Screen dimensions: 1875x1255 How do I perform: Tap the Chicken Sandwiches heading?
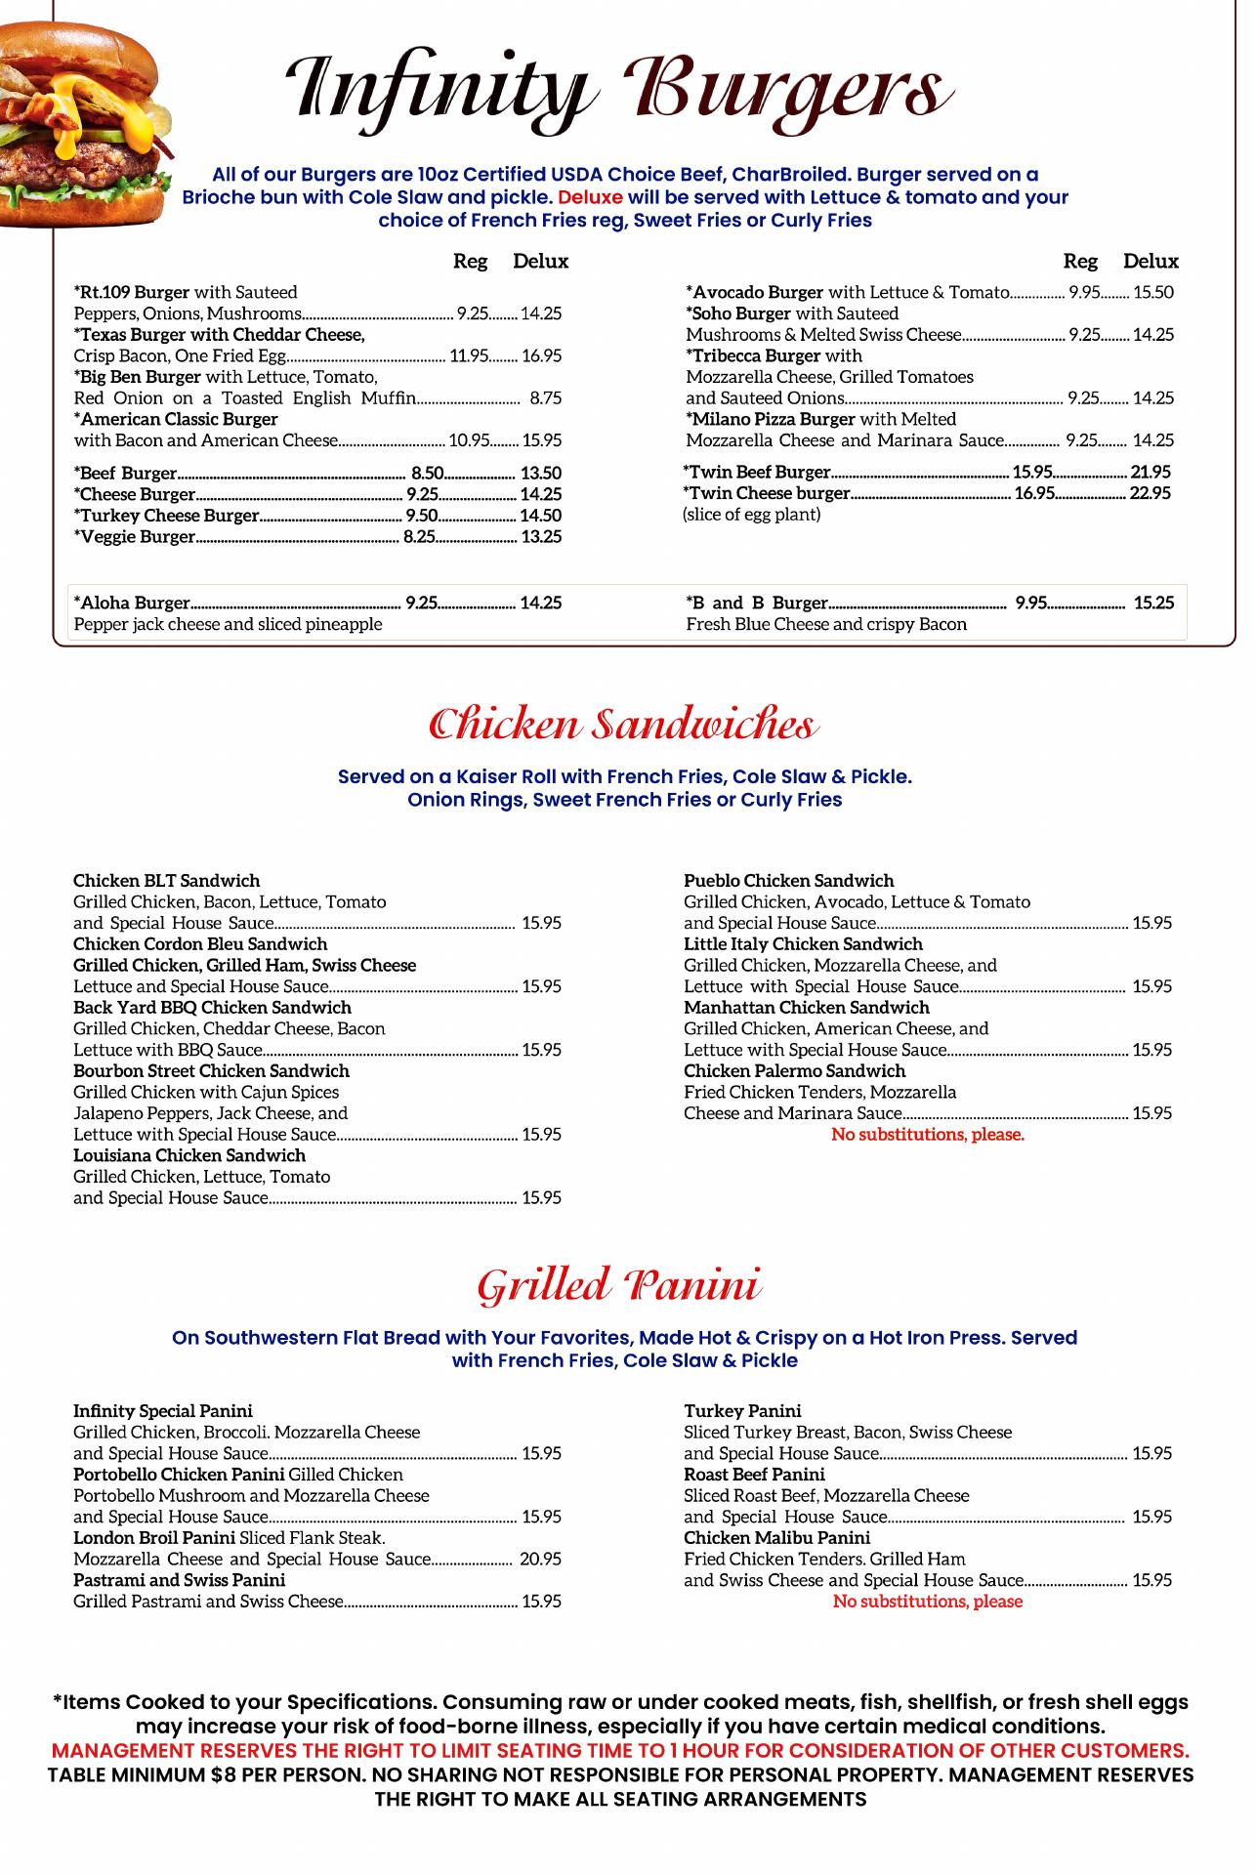pos(623,726)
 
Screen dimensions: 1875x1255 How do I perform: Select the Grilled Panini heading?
pos(619,1286)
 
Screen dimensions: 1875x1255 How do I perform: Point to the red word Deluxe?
pos(590,197)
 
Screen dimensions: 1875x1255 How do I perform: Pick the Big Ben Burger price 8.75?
pos(545,398)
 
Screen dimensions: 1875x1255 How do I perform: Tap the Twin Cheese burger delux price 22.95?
pos(1150,493)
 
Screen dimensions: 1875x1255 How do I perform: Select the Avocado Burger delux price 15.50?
pos(1152,292)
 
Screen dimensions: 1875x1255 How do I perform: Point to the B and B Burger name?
pos(757,603)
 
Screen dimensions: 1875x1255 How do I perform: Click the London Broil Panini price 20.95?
pos(540,1560)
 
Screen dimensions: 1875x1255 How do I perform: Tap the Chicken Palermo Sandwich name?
pos(794,1071)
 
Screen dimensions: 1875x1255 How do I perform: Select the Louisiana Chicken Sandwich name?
pos(189,1155)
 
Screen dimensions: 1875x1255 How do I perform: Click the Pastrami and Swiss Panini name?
pos(180,1580)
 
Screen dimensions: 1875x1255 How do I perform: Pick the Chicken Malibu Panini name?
pos(763,1538)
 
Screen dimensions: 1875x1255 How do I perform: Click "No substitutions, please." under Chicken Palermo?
pos(927,1135)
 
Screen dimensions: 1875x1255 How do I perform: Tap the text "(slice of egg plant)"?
pos(751,515)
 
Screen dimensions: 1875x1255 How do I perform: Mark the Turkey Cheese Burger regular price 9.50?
pos(422,516)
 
